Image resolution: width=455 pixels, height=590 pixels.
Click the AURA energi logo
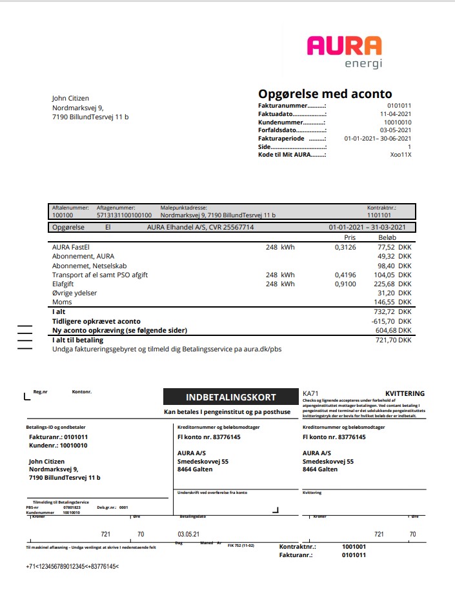click(x=344, y=52)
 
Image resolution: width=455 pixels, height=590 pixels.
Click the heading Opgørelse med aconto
click(x=325, y=94)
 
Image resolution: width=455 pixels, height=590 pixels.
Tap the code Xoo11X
click(x=400, y=155)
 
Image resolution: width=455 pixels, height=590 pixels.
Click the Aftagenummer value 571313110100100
click(x=124, y=215)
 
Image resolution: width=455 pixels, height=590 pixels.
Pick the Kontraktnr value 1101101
click(x=379, y=215)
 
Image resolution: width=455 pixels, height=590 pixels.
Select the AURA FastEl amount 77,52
click(x=386, y=247)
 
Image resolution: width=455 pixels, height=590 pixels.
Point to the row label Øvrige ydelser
click(x=74, y=293)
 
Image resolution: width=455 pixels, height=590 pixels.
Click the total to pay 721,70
click(x=385, y=340)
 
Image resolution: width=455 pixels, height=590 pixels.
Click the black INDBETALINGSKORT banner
click(x=230, y=397)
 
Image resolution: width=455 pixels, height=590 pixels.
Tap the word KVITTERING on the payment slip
click(x=405, y=393)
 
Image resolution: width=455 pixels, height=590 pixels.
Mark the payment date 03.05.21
click(x=188, y=535)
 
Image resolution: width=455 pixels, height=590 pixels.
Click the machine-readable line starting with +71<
click(x=72, y=566)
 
